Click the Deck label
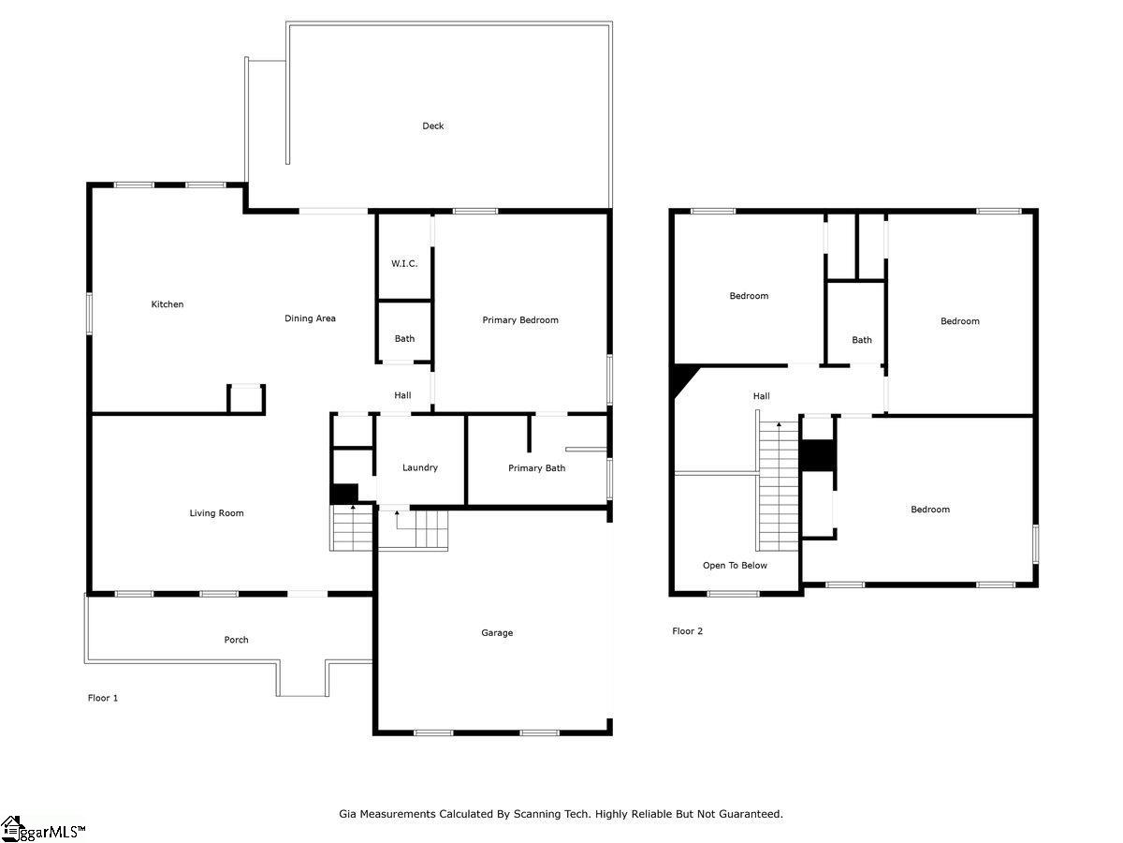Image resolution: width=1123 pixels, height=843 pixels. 433,126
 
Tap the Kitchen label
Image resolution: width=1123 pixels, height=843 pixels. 168,304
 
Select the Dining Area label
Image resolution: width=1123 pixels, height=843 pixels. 310,318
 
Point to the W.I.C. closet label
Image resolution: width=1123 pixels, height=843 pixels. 404,263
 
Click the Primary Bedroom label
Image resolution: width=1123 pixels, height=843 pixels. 520,320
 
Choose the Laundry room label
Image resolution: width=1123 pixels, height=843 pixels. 420,467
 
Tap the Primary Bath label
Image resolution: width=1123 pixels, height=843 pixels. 536,467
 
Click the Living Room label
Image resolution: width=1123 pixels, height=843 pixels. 216,513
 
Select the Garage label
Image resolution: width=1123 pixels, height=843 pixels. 497,632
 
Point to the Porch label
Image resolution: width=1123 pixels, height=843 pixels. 237,640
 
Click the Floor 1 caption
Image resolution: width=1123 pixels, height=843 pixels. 103,698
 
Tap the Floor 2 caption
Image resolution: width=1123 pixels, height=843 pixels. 688,631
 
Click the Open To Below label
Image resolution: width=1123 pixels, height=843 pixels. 735,565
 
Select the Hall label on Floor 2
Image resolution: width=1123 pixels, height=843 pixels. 761,395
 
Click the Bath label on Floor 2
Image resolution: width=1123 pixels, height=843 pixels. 862,340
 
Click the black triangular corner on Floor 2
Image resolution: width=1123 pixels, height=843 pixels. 683,377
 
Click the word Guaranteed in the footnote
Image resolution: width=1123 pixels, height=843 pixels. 751,814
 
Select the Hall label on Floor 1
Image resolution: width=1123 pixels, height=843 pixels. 402,395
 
